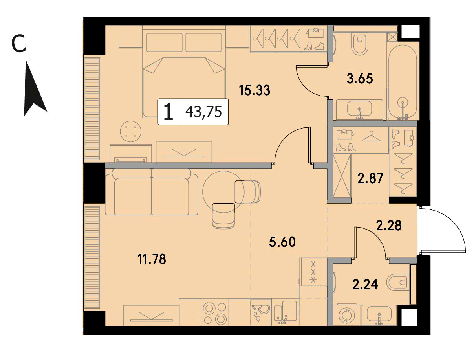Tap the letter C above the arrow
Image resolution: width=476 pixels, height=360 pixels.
click(x=19, y=44)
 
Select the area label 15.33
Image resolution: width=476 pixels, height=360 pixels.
click(x=254, y=90)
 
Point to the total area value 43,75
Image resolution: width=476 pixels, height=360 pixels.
click(x=203, y=112)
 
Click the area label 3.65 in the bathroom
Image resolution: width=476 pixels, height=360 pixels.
click(x=360, y=78)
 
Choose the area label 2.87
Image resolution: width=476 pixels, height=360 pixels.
click(x=370, y=178)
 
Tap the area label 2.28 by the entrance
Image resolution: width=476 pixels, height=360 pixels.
click(x=389, y=225)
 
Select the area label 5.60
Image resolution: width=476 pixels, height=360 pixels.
click(x=282, y=242)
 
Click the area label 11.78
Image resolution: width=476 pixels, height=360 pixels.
click(x=152, y=259)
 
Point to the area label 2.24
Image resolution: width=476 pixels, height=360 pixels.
click(x=365, y=285)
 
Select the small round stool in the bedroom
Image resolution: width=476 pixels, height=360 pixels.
click(x=130, y=132)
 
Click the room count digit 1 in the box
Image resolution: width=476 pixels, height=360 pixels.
click(x=168, y=112)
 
